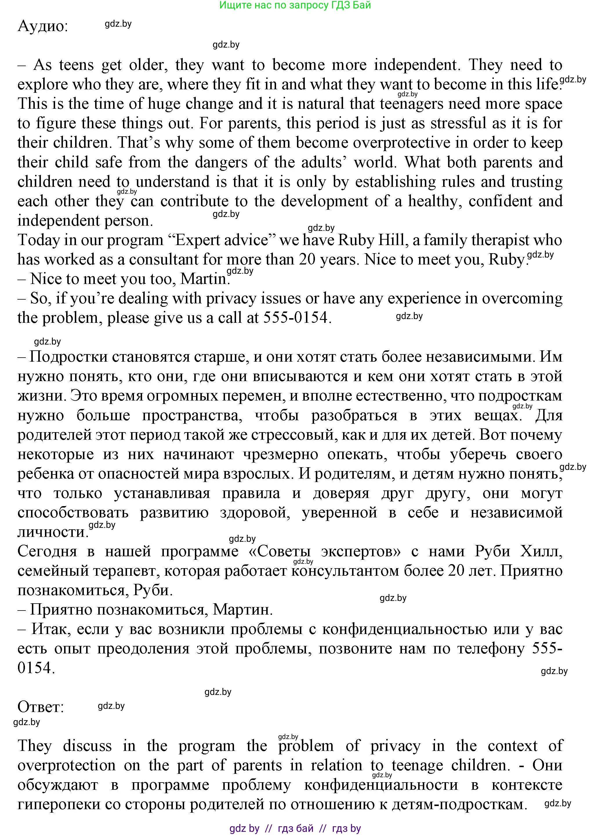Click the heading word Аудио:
43,26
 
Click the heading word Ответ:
41,707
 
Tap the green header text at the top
295,5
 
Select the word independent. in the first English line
417,65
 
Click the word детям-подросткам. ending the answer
460,804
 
